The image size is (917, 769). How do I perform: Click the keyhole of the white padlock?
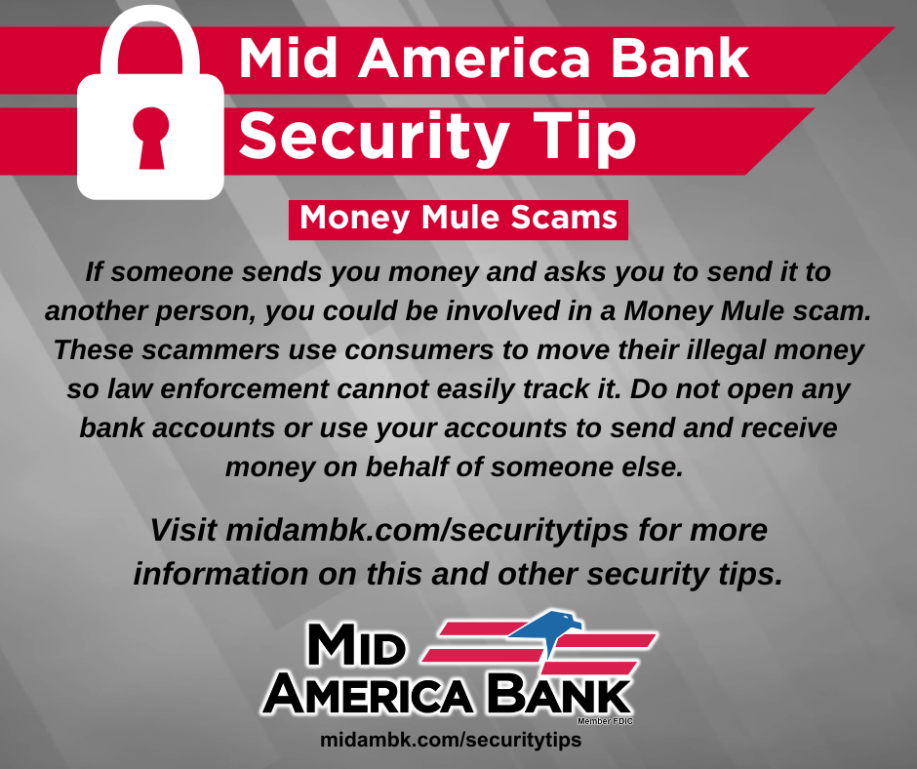click(x=151, y=138)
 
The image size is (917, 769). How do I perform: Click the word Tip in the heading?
click(x=584, y=138)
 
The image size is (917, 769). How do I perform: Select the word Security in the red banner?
click(x=374, y=138)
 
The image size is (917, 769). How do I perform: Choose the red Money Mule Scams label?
click(x=458, y=220)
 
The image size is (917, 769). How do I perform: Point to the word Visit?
click(x=183, y=530)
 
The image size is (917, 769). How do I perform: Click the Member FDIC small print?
click(x=605, y=721)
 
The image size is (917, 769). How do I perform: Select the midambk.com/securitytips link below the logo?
click(x=451, y=740)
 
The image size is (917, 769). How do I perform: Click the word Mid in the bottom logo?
click(x=356, y=644)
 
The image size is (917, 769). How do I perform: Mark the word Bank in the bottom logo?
click(x=558, y=693)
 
